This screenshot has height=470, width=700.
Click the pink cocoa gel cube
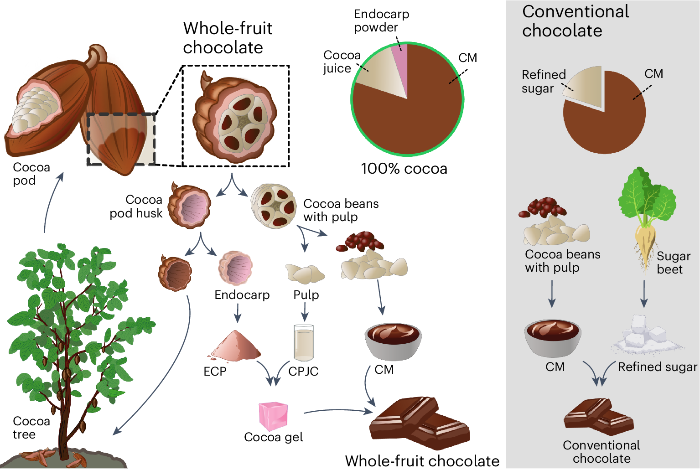273,415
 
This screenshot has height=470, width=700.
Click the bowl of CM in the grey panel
552,337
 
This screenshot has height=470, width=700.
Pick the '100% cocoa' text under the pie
404,169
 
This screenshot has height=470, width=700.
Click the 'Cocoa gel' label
273,437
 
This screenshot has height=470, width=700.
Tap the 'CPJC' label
303,371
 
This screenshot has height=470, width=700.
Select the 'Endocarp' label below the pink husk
242,295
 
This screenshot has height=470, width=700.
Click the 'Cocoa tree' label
31,428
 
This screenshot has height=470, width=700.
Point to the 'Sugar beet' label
673,263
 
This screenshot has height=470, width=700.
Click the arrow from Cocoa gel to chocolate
337,411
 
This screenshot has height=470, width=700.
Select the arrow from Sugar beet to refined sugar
644,294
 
